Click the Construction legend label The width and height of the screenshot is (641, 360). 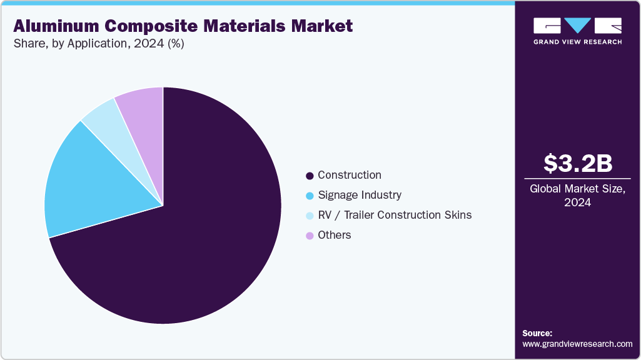coord(350,175)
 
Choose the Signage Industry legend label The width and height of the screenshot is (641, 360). coord(360,195)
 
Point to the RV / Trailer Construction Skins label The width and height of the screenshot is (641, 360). coord(395,215)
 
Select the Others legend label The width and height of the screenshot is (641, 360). coord(335,235)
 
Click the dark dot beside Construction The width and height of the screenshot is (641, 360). coord(310,176)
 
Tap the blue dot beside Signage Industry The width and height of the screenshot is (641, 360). coord(310,196)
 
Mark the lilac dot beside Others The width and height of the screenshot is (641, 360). coord(310,236)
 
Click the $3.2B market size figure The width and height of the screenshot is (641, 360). coord(577,163)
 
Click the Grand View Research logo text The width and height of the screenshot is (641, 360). coord(577,42)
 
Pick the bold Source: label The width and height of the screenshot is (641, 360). coord(537,333)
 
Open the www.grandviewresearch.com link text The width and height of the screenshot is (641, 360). coord(577,344)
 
